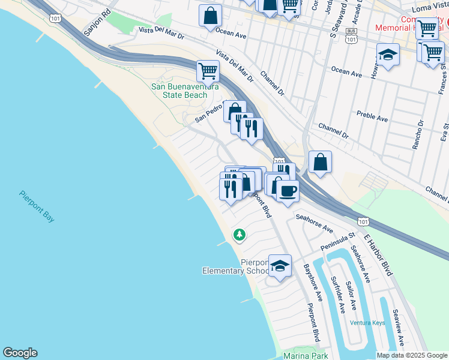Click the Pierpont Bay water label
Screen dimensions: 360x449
(37, 206)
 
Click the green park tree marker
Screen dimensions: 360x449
(240, 234)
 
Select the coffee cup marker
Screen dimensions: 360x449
(288, 191)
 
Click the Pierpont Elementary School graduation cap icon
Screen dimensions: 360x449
(280, 265)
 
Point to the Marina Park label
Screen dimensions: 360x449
(306, 355)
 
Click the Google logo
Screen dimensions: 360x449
(20, 353)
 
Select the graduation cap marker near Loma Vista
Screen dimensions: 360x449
(388, 55)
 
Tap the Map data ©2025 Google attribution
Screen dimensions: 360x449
(412, 355)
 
